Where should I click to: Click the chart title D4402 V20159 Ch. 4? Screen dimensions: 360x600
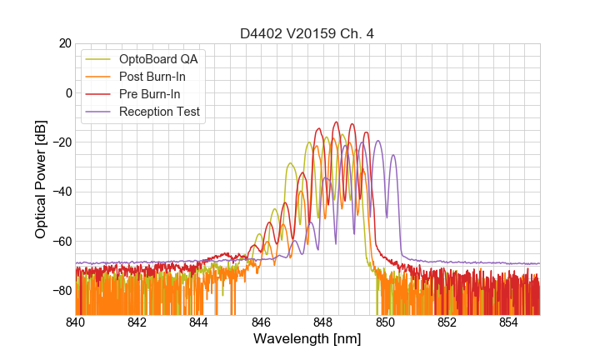(307, 34)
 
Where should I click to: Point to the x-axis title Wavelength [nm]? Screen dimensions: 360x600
(307, 339)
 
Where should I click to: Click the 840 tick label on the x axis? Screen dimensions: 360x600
(75, 322)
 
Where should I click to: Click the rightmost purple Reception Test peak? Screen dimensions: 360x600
(393, 155)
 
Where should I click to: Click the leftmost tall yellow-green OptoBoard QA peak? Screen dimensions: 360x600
(290, 163)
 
